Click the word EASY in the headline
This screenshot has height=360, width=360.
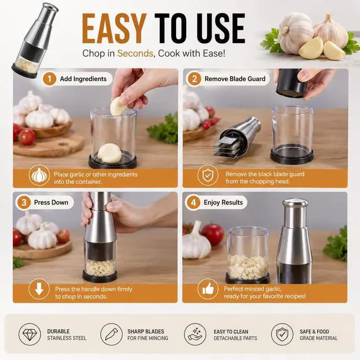coord(114,29)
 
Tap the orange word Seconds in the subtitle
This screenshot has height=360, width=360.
coord(135,53)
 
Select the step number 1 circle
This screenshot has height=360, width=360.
coord(49,79)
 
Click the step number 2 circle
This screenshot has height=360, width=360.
coord(194,79)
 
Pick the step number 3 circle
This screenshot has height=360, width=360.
coord(24,202)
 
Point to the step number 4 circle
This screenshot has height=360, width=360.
coord(193,202)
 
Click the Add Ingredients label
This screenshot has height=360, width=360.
coord(83,79)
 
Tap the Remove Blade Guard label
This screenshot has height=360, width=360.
coord(235,79)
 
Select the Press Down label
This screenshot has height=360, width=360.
coord(51,202)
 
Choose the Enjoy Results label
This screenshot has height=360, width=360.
coord(223,202)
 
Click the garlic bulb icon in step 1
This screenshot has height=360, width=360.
coord(39,175)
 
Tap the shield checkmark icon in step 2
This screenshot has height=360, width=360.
coord(208,175)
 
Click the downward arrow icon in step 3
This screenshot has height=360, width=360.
coord(39,289)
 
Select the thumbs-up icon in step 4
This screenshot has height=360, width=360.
coord(208,289)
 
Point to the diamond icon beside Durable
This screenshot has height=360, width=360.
coord(30,334)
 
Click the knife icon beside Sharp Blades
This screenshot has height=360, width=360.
coord(111,334)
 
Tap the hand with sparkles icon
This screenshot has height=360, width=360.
coord(195,334)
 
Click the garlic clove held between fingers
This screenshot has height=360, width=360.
coord(119,106)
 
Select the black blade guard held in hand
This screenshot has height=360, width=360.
coord(291,83)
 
